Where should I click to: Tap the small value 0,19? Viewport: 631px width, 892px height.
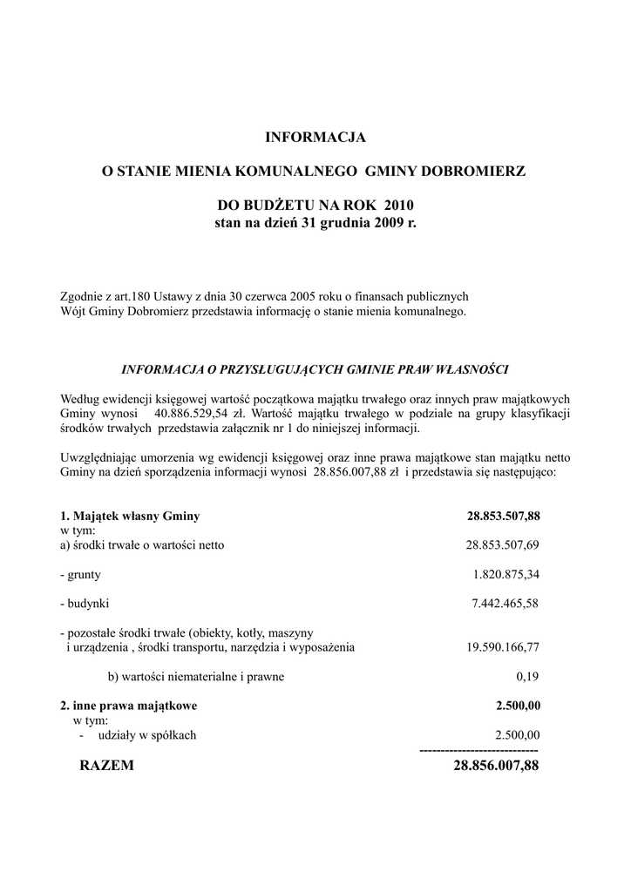528,676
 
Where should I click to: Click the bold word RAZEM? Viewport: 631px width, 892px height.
106,766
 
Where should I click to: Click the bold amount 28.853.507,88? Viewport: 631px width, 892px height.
504,516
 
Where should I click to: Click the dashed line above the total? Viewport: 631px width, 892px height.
478,750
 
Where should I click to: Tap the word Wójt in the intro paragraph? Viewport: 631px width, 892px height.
73,311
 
